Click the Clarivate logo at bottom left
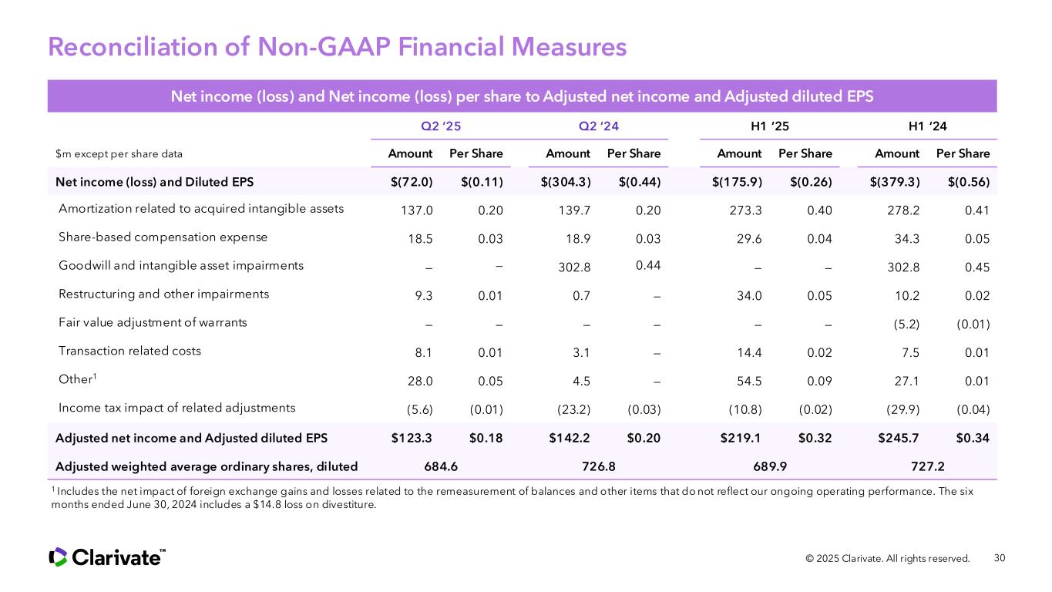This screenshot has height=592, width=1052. point(107,557)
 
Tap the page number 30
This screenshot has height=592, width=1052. point(1000,558)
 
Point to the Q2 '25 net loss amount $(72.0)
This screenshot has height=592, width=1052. point(412,182)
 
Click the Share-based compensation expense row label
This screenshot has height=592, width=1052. point(163,237)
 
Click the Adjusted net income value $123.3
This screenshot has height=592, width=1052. point(412,438)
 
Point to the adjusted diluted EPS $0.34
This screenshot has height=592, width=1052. point(973,438)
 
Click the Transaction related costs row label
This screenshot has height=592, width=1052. point(129,351)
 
